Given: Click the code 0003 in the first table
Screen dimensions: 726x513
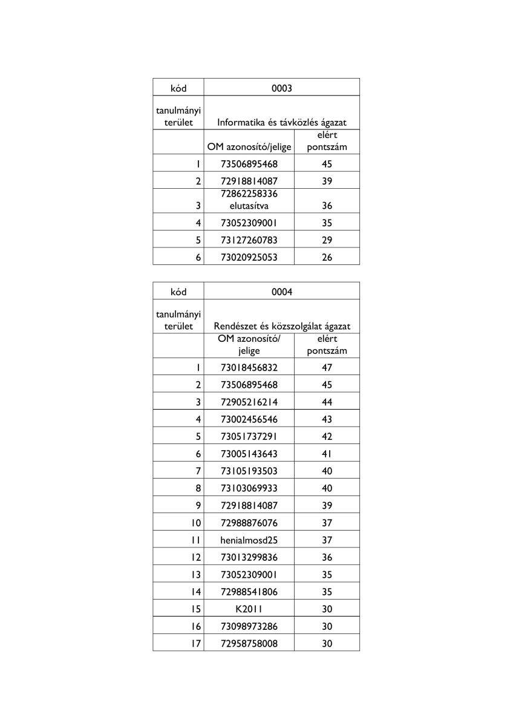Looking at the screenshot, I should pos(281,88).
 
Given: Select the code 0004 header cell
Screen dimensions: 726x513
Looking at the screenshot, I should pos(281,292).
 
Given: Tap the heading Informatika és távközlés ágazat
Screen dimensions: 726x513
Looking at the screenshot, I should pos(281,123).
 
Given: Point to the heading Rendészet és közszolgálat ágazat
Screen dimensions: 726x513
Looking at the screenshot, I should pos(281,327).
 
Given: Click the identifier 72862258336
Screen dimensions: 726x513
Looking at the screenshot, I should pos(249,194).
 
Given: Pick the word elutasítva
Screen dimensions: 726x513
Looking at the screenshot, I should pos(249,206).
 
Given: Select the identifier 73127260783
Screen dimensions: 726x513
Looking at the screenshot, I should pos(249,240).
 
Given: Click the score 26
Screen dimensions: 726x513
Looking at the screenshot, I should pos(327,258).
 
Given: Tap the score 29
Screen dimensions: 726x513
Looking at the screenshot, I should pos(327,240).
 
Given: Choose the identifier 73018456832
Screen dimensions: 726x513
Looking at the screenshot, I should pos(249,367).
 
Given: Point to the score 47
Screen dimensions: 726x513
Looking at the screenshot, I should pos(327,367).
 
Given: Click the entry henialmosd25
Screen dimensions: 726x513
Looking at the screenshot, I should pos(249,540).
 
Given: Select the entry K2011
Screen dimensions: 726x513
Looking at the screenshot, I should pos(249,609).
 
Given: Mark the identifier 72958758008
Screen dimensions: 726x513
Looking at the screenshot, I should pos(249,644).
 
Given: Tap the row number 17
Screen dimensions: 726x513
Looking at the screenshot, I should pos(195,644).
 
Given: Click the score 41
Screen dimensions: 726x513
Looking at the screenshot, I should pos(327,454).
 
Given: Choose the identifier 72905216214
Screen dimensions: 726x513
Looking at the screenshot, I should pos(249,402).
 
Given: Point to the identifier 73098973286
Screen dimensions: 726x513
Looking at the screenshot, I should pos(249,627).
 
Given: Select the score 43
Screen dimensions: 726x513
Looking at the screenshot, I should pos(327,419).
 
